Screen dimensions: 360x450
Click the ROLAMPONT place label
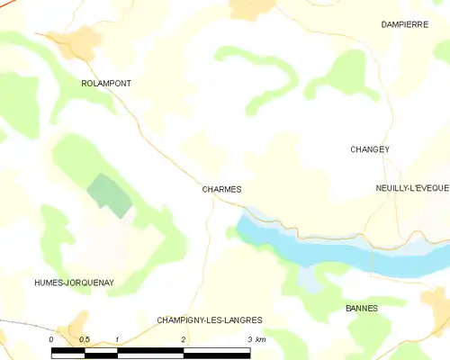point(106,83)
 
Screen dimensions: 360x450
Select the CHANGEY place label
point(370,149)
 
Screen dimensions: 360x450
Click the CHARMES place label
point(221,190)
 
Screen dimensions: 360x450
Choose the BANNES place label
point(362,308)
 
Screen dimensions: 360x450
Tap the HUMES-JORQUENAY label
point(74,283)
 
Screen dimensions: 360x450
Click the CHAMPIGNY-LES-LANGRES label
point(210,319)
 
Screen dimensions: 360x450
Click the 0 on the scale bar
point(52,339)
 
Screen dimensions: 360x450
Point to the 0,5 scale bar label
point(83,339)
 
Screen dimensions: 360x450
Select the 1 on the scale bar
point(117,339)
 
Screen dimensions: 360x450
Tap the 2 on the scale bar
point(184,339)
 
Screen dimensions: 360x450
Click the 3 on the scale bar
point(249,339)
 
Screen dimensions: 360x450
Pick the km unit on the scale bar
point(261,339)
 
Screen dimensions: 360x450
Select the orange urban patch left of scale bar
point(75,326)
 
